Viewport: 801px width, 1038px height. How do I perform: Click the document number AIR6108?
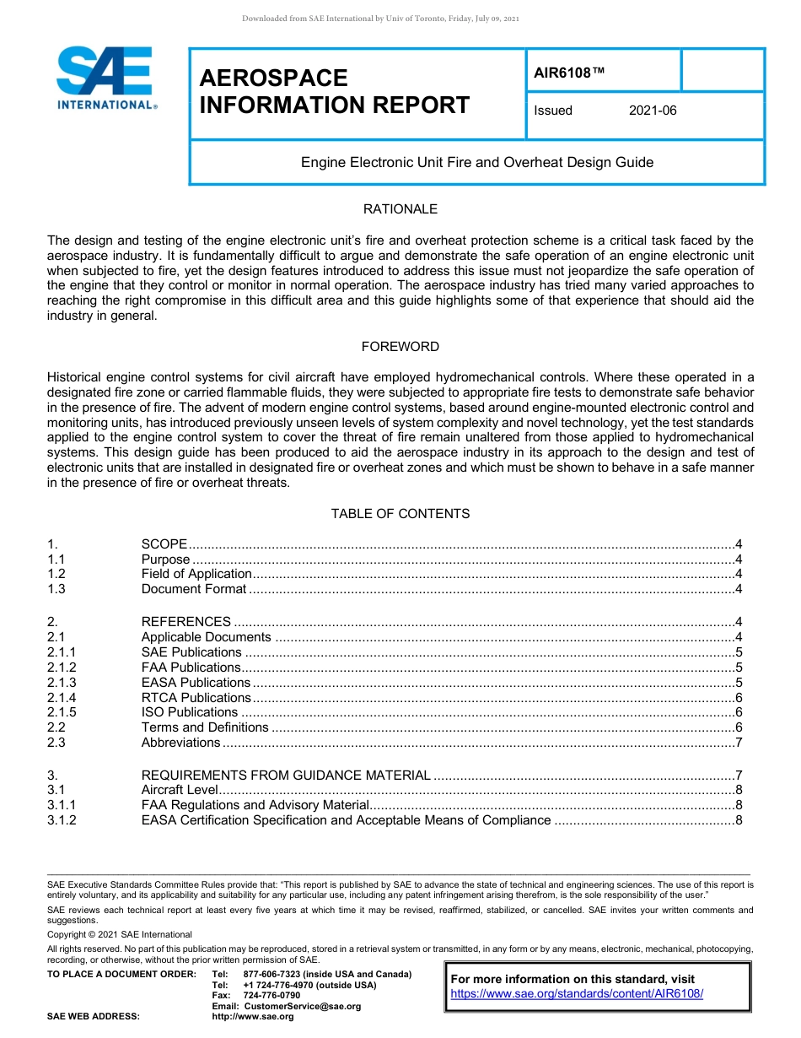click(569, 72)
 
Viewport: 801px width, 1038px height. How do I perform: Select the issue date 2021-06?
click(652, 111)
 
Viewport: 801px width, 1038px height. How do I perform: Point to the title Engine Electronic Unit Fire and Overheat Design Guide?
click(477, 162)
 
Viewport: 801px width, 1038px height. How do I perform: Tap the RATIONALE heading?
click(400, 209)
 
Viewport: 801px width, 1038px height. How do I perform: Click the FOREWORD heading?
click(400, 347)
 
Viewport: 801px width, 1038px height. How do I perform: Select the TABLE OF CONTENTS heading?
click(400, 514)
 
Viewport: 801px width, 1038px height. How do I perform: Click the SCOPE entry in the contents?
click(164, 544)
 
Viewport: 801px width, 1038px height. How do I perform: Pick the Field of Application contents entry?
click(196, 574)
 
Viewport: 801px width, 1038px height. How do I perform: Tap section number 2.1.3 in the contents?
click(62, 683)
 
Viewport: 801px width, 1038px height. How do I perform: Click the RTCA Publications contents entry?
click(196, 698)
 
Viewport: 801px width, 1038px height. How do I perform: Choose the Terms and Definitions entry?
click(205, 727)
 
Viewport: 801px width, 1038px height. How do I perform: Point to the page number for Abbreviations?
click(738, 743)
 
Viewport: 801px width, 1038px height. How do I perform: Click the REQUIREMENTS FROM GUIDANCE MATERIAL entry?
click(286, 776)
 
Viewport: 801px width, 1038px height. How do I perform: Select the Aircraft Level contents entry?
click(180, 790)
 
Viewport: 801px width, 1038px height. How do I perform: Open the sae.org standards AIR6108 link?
click(577, 994)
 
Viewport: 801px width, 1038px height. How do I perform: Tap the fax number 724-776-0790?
click(271, 996)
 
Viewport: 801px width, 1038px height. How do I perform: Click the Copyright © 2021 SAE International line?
click(120, 934)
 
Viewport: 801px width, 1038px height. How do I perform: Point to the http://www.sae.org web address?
click(253, 1017)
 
